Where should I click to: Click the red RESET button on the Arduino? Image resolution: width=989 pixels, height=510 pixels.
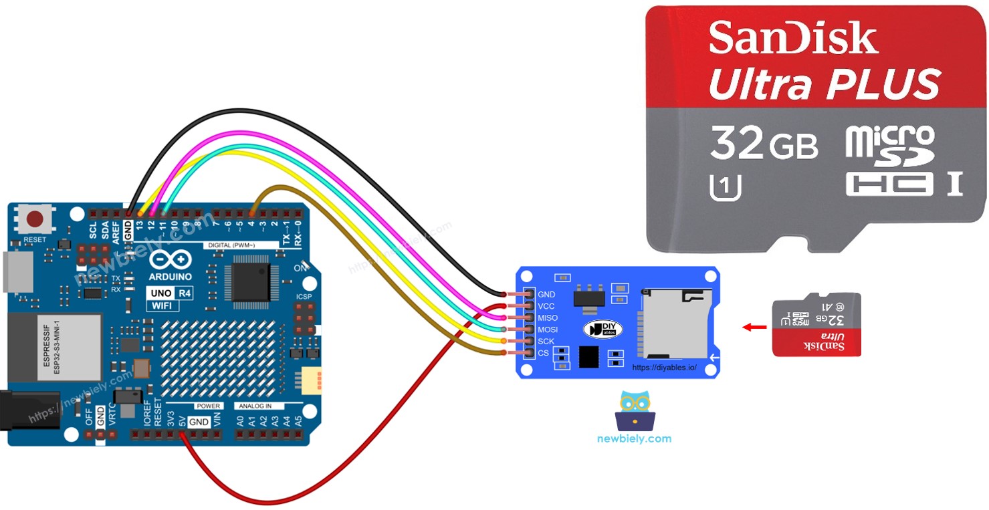click(35, 219)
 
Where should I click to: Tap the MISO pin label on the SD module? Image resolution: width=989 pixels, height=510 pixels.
click(548, 318)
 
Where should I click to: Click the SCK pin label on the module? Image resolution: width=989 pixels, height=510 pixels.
click(546, 342)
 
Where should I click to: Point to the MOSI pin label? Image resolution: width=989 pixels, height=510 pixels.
click(548, 330)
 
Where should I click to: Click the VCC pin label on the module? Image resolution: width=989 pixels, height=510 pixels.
click(546, 306)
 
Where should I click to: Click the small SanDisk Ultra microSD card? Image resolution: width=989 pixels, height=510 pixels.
click(816, 324)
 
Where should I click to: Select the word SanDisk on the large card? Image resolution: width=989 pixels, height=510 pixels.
click(793, 38)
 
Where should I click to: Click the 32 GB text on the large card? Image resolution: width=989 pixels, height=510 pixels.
click(764, 144)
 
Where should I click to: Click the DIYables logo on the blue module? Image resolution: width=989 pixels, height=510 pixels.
click(603, 329)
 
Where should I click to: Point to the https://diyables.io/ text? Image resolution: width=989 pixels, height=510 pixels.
click(664, 368)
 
